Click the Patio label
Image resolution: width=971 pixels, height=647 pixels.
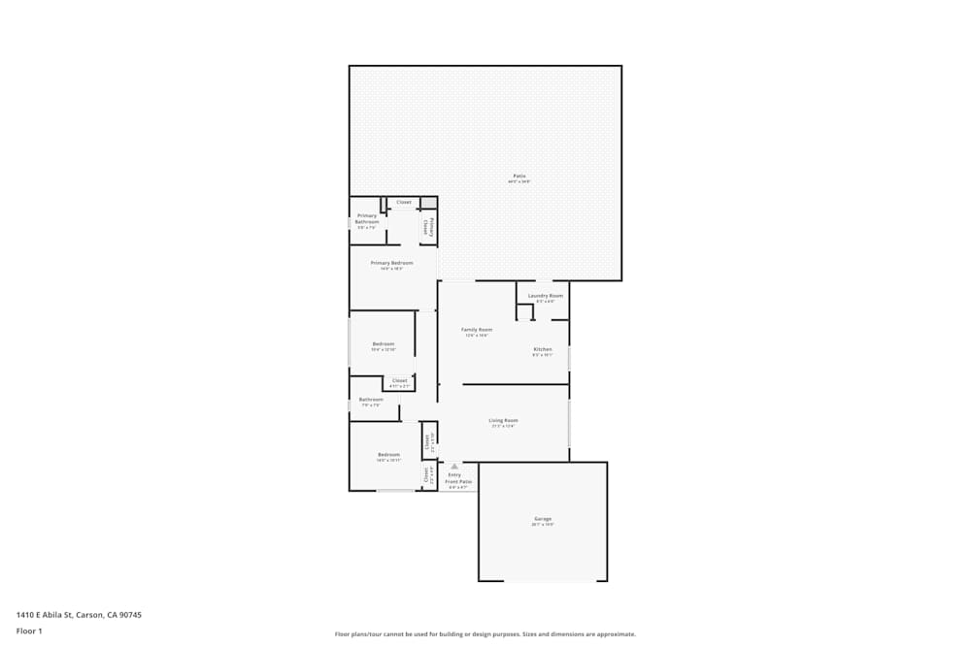pyautogui.click(x=519, y=177)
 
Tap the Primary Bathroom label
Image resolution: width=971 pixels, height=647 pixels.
pyautogui.click(x=367, y=219)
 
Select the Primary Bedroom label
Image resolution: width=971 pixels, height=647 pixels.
pyautogui.click(x=391, y=263)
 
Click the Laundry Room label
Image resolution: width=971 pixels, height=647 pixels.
pyautogui.click(x=545, y=296)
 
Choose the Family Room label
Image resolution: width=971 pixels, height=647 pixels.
pyautogui.click(x=476, y=330)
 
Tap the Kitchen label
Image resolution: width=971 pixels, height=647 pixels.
pyautogui.click(x=542, y=349)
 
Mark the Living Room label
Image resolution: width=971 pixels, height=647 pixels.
pyautogui.click(x=503, y=421)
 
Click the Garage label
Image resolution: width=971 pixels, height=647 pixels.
pyautogui.click(x=543, y=519)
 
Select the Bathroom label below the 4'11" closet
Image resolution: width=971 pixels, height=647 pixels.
pyautogui.click(x=371, y=400)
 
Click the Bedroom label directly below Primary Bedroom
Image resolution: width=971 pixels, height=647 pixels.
pyautogui.click(x=384, y=344)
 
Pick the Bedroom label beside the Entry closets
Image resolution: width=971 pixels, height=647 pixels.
pyautogui.click(x=388, y=455)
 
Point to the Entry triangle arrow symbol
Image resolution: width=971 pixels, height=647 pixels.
pyautogui.click(x=453, y=467)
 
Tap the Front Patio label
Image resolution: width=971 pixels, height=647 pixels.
pyautogui.click(x=458, y=482)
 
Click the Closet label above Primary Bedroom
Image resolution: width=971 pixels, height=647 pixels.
pyautogui.click(x=404, y=203)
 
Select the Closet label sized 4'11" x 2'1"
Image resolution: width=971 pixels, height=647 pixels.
pyautogui.click(x=400, y=381)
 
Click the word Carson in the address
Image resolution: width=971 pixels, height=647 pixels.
pyautogui.click(x=88, y=615)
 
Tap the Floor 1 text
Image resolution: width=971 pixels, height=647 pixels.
pyautogui.click(x=29, y=631)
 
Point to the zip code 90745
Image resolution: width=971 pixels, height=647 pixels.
pyautogui.click(x=129, y=615)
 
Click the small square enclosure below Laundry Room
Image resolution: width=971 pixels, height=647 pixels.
pyautogui.click(x=524, y=312)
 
